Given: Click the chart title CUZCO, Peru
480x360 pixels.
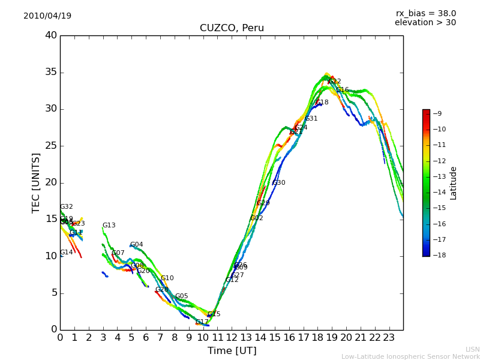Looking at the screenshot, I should pos(232,28).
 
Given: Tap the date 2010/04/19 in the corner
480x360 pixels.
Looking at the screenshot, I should pos(47,16).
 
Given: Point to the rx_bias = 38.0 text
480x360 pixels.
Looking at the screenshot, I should pos(425,14).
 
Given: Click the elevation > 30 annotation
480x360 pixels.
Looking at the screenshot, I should pos(425,23).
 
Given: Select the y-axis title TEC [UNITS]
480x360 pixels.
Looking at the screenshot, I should pos(36,182).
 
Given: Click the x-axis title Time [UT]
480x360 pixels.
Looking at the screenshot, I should pos(232,351).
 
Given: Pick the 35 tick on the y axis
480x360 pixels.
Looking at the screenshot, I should pos(51,73).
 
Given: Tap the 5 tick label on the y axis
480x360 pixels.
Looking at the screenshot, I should pos(54,293).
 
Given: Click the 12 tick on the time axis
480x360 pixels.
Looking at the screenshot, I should pos(232,338).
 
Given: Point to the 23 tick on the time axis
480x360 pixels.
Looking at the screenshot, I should pos(389,338).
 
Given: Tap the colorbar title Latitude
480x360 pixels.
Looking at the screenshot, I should pos(454,183).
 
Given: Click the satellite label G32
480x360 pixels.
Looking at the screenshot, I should pos(66,207).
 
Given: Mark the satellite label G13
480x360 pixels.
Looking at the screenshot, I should pos(109,226).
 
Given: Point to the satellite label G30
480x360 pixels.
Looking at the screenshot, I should pos(278,183).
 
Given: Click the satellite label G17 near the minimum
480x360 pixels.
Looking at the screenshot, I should pos(202,322).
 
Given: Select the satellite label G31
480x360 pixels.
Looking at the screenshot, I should pos(311,119).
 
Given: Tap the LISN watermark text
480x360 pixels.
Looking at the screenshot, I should pos(472,349).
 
